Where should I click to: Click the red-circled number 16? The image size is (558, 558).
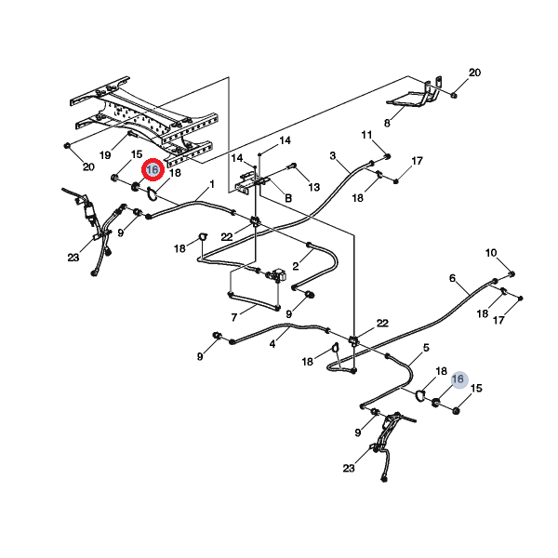point(153,170)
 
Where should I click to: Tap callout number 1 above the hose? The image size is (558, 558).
point(212,184)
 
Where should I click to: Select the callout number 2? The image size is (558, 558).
point(296,266)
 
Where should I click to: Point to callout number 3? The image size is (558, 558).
point(333,155)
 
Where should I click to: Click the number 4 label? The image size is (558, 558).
point(272,344)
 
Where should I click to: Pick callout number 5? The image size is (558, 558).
point(426,347)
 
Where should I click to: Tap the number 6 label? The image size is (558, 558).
point(452,278)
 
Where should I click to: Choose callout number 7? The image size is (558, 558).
point(234,317)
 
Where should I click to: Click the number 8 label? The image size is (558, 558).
point(387,123)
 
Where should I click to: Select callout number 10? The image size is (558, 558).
point(491,253)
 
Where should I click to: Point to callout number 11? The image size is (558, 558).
point(367,135)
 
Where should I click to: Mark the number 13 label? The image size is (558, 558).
point(314,187)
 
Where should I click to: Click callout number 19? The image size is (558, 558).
point(105,155)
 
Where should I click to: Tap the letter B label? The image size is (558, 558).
point(288,198)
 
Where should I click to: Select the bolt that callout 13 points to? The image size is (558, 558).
point(291,166)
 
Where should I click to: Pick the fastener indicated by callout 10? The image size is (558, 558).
point(511,274)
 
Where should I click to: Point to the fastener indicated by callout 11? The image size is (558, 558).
point(388,156)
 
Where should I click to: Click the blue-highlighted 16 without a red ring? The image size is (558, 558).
point(458,379)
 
